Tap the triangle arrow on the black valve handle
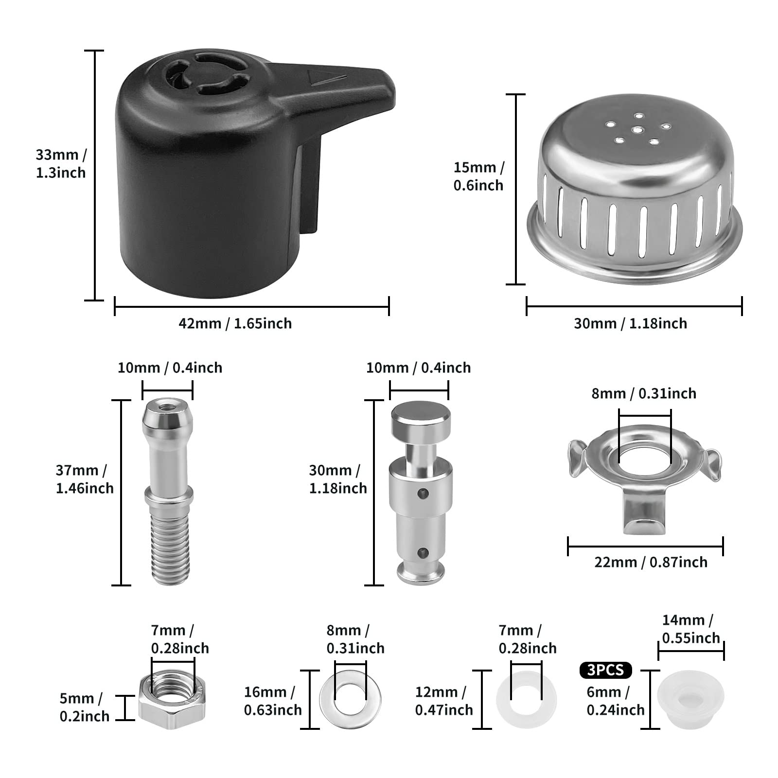pos(326,76)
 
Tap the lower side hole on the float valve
pos(425,552)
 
